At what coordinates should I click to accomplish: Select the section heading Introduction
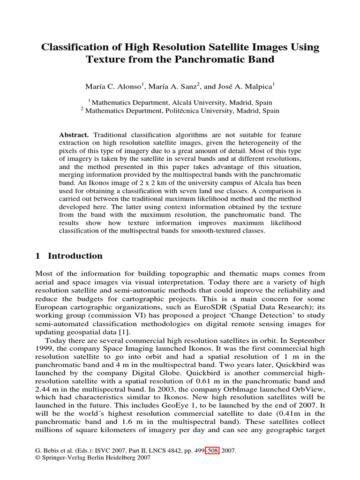point(75,256)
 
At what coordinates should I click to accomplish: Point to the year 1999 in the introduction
point(45,349)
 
